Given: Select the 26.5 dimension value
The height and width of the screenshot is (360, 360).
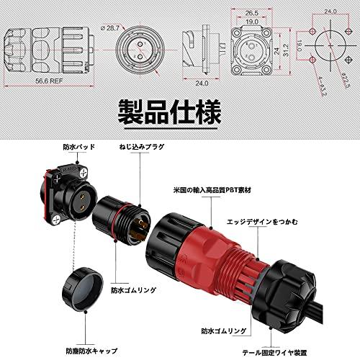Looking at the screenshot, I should (251, 12).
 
